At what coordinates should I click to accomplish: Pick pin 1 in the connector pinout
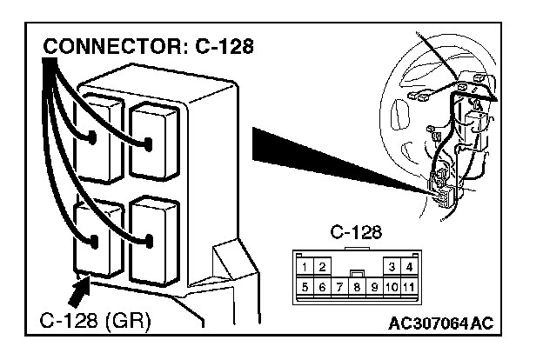click(x=305, y=266)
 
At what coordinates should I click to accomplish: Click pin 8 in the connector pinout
click(x=356, y=285)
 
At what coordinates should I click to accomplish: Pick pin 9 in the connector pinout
click(x=373, y=285)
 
